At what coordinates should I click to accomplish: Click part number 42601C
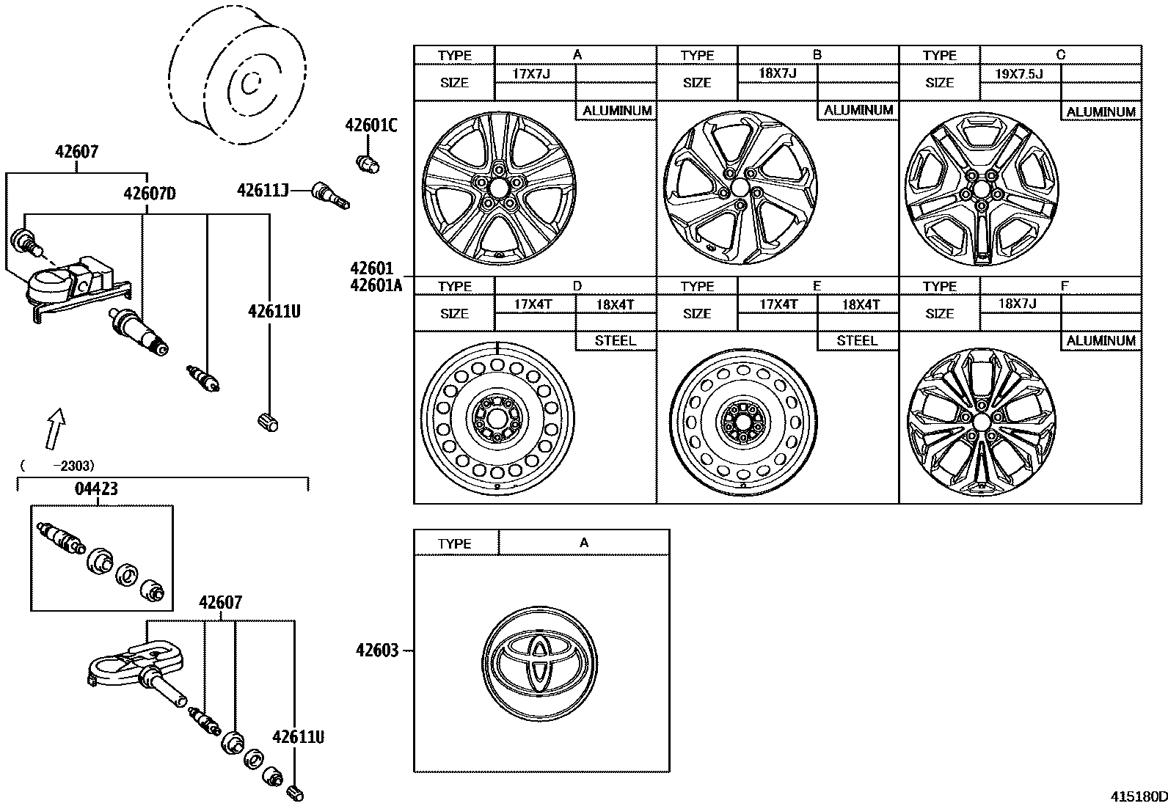click(x=371, y=125)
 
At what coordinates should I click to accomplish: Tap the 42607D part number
click(x=150, y=194)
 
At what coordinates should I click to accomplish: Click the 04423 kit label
click(x=96, y=489)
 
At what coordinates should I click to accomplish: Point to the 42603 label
click(x=377, y=651)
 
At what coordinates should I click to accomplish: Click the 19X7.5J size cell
click(x=1019, y=73)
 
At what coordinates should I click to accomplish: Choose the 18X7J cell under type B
click(x=777, y=73)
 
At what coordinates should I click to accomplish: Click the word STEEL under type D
click(x=615, y=341)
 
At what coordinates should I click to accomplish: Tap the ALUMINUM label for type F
click(x=1101, y=341)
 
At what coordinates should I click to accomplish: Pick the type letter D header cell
click(x=577, y=285)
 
